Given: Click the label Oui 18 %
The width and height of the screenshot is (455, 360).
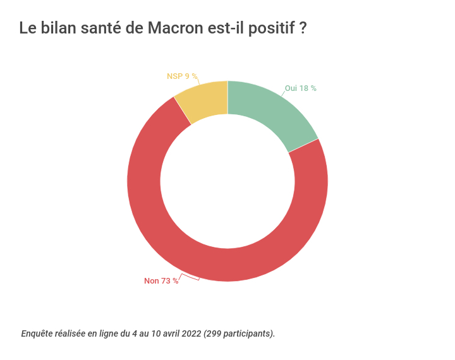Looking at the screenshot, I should (x=300, y=88).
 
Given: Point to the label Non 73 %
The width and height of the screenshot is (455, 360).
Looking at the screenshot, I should (x=161, y=281).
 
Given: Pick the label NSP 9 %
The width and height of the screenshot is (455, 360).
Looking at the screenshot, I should (x=182, y=76).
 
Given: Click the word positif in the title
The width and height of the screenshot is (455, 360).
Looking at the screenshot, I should (x=269, y=28).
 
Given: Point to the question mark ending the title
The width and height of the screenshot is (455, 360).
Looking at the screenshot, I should (x=303, y=28).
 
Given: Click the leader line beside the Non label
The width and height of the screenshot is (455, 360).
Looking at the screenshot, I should (x=189, y=277).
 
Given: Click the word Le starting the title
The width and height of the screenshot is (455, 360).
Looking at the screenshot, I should (x=27, y=28).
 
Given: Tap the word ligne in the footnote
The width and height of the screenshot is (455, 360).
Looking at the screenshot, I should (x=106, y=333).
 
